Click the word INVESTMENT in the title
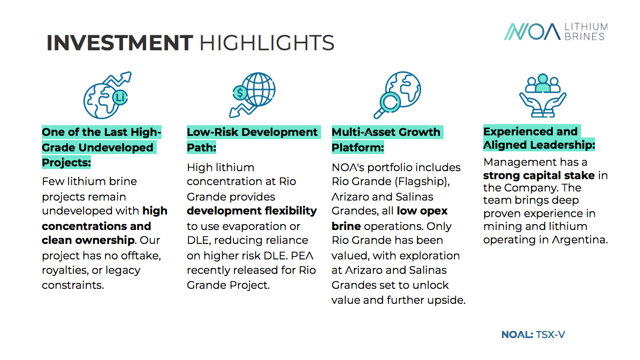pyautogui.click(x=119, y=43)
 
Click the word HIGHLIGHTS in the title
pyautogui.click(x=267, y=43)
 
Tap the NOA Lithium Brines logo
pyautogui.click(x=555, y=32)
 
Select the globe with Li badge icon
pyautogui.click(x=108, y=95)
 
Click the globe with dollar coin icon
pyautogui.click(x=252, y=95)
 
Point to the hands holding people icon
pyautogui.click(x=543, y=96)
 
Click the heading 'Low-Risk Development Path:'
pyautogui.click(x=252, y=140)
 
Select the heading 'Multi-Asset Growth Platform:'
pyautogui.click(x=386, y=140)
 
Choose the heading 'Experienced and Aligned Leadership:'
pyautogui.click(x=539, y=138)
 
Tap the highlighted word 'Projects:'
pyautogui.click(x=66, y=163)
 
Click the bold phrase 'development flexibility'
pyautogui.click(x=252, y=211)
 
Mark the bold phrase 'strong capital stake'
pyautogui.click(x=539, y=175)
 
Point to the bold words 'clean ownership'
pyautogui.click(x=88, y=240)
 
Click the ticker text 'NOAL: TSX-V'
pyautogui.click(x=533, y=335)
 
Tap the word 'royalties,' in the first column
pyautogui.click(x=65, y=271)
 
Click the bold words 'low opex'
pyautogui.click(x=422, y=211)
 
